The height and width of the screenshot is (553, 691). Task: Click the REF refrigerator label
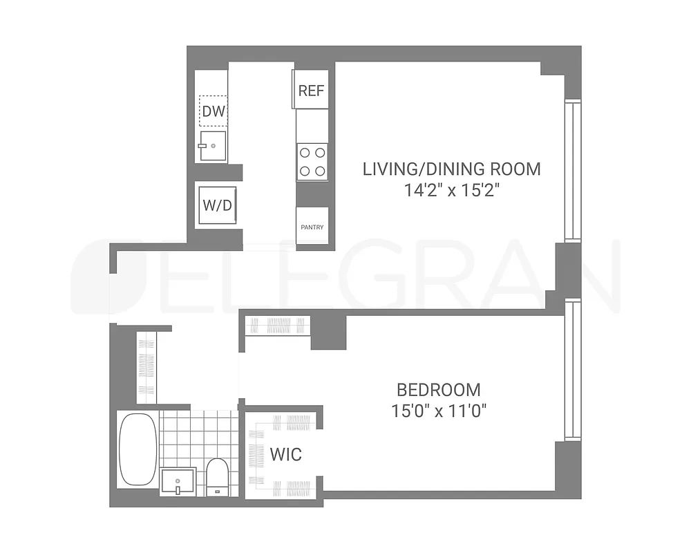[x=311, y=91]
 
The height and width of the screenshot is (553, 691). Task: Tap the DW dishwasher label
[x=214, y=111]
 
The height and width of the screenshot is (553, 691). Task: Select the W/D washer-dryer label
[x=216, y=205]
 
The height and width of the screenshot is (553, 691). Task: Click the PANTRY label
[x=312, y=227]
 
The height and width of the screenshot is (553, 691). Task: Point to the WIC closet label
[x=285, y=454]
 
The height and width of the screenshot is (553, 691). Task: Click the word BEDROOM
[x=438, y=389]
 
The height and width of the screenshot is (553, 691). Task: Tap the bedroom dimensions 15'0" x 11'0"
[x=439, y=411]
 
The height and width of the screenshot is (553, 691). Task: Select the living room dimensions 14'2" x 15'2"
[x=452, y=190]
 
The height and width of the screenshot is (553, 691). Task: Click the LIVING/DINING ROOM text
[x=452, y=169]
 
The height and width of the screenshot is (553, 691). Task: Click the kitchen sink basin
[x=213, y=147]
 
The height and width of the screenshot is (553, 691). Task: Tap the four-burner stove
[x=312, y=162]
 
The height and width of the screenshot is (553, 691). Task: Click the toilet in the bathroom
[x=218, y=476]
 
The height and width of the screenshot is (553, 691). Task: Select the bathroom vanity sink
[x=178, y=481]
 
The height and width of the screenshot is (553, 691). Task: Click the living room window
[x=573, y=171]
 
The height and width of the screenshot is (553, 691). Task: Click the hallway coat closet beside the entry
[x=146, y=366]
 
